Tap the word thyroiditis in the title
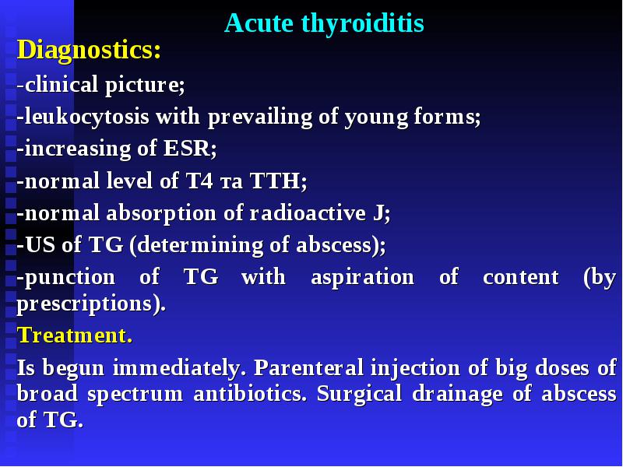363,24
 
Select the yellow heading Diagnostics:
89,51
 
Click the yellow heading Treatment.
75,335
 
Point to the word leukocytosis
87,117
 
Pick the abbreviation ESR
190,148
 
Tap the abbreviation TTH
278,181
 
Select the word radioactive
308,212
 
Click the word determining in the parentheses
200,245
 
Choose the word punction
70,277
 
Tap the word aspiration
362,277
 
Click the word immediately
177,367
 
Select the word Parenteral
308,367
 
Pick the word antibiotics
250,394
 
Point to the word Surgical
359,395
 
